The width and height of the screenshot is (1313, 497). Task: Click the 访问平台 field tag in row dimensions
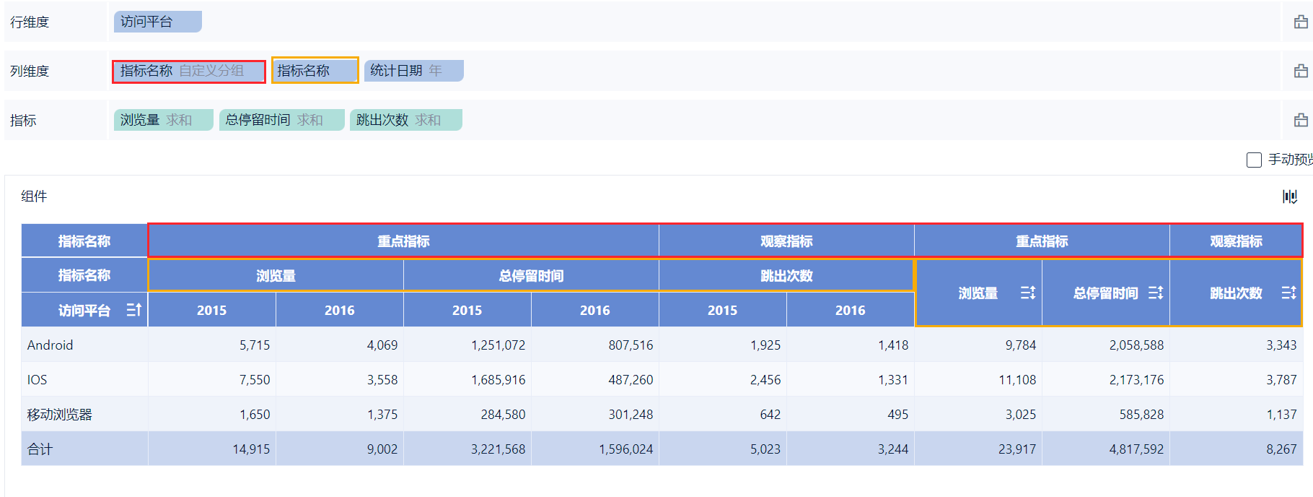157,22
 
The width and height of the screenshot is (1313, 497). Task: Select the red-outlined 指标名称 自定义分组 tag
189,71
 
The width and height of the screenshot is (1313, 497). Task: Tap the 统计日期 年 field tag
413,71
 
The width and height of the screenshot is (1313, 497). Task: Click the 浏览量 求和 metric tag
163,120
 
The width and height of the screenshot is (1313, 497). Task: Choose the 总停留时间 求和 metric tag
281,120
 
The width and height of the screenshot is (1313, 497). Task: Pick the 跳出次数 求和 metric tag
405,120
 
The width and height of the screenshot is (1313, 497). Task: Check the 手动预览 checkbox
1254,160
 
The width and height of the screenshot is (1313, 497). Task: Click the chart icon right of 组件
1290,196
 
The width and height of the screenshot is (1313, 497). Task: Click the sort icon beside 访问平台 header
134,310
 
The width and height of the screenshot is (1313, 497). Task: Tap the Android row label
50,345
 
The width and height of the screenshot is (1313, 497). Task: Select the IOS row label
38,380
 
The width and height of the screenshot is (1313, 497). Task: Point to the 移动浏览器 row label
60,415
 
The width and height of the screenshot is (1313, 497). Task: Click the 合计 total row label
40,449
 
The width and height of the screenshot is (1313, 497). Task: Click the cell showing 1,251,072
498,345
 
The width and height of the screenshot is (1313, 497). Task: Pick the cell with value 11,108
1016,380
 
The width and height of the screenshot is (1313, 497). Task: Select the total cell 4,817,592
1136,449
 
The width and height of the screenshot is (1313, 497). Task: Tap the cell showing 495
897,415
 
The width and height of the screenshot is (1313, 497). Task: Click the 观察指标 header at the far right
1236,241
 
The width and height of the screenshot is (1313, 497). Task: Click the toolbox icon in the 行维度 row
1301,22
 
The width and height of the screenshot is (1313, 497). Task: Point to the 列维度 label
30,71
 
